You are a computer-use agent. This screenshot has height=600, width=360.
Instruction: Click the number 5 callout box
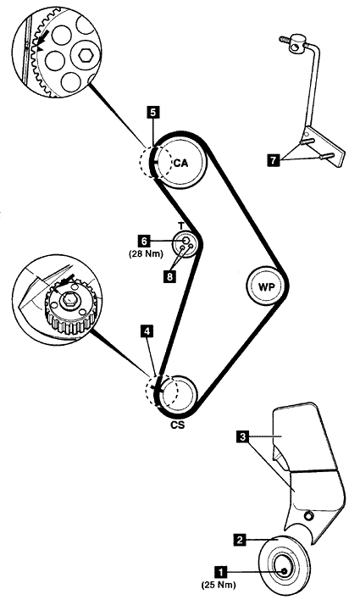[153, 112]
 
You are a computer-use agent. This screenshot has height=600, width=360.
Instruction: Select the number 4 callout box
[147, 331]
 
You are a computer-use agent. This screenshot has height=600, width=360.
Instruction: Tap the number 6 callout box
[144, 241]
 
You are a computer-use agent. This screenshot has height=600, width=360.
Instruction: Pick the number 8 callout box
[169, 276]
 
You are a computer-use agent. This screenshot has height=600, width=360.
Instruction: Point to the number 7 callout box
[273, 160]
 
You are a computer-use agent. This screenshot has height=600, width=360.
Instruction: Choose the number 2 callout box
[240, 540]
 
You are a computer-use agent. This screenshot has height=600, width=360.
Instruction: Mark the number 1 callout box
[221, 572]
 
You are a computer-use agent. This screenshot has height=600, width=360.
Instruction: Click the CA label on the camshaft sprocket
[181, 163]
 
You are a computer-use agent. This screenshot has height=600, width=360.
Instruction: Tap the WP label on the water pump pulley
[267, 286]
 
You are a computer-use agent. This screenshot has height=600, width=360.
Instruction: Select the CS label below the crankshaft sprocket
[178, 425]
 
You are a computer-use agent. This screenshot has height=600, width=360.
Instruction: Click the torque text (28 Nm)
[146, 253]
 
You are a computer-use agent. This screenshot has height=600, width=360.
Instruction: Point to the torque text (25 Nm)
[219, 585]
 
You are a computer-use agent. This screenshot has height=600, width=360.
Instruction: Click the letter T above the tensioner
[181, 226]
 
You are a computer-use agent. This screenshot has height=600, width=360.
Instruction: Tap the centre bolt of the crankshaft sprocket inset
[69, 299]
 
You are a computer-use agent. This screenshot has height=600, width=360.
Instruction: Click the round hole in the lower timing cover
[308, 517]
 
